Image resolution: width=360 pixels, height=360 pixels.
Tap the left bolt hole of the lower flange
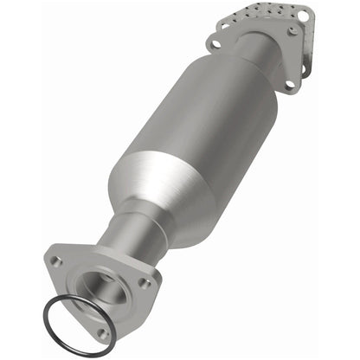[56, 260]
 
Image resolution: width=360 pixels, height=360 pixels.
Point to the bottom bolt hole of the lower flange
[104, 331]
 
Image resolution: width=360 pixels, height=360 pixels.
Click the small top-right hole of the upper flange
[294, 30]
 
